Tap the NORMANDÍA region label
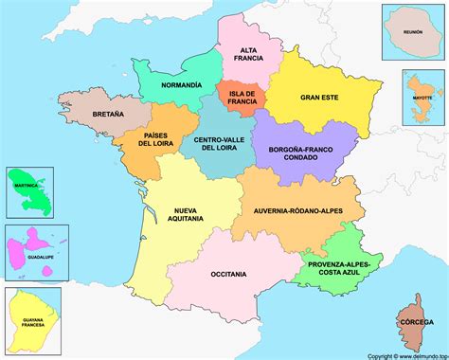[181, 84]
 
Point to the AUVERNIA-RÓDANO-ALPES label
[300, 211]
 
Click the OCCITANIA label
[228, 274]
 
